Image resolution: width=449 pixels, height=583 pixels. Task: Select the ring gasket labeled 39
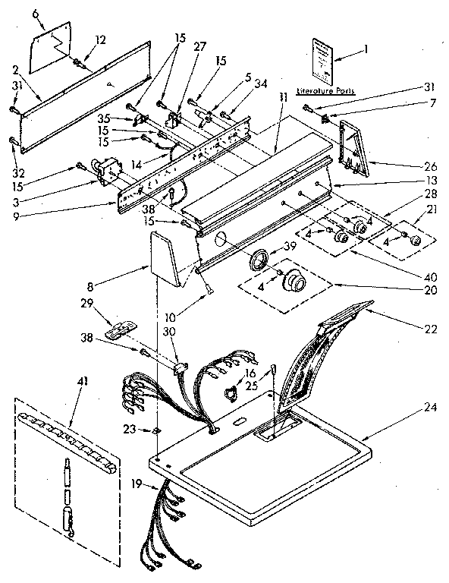pyautogui.click(x=261, y=258)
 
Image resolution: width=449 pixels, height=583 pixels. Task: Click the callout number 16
pyautogui.click(x=250, y=374)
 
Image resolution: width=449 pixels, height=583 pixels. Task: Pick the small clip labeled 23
pyautogui.click(x=155, y=431)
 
